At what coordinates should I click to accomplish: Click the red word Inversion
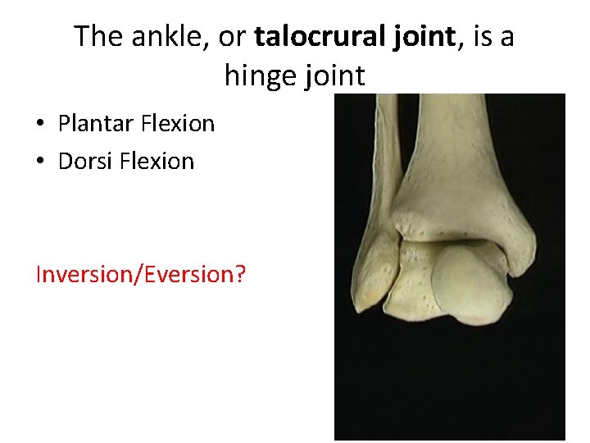pos(84,274)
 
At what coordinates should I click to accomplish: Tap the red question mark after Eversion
pos(239,274)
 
